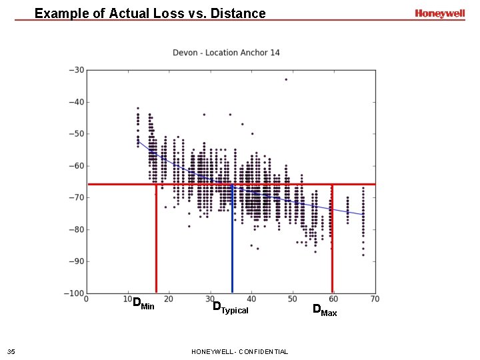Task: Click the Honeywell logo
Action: point(439,13)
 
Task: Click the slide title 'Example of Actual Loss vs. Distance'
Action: point(150,13)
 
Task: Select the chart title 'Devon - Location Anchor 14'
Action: point(226,53)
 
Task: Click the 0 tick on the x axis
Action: point(87,299)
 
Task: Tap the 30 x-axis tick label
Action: point(210,299)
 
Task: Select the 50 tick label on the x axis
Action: point(292,299)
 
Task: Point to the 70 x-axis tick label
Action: point(375,299)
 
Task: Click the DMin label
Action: point(143,305)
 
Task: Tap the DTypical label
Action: point(230,307)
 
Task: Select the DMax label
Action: point(325,310)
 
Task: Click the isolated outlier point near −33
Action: point(286,79)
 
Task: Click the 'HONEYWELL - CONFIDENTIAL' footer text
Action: point(239,351)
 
